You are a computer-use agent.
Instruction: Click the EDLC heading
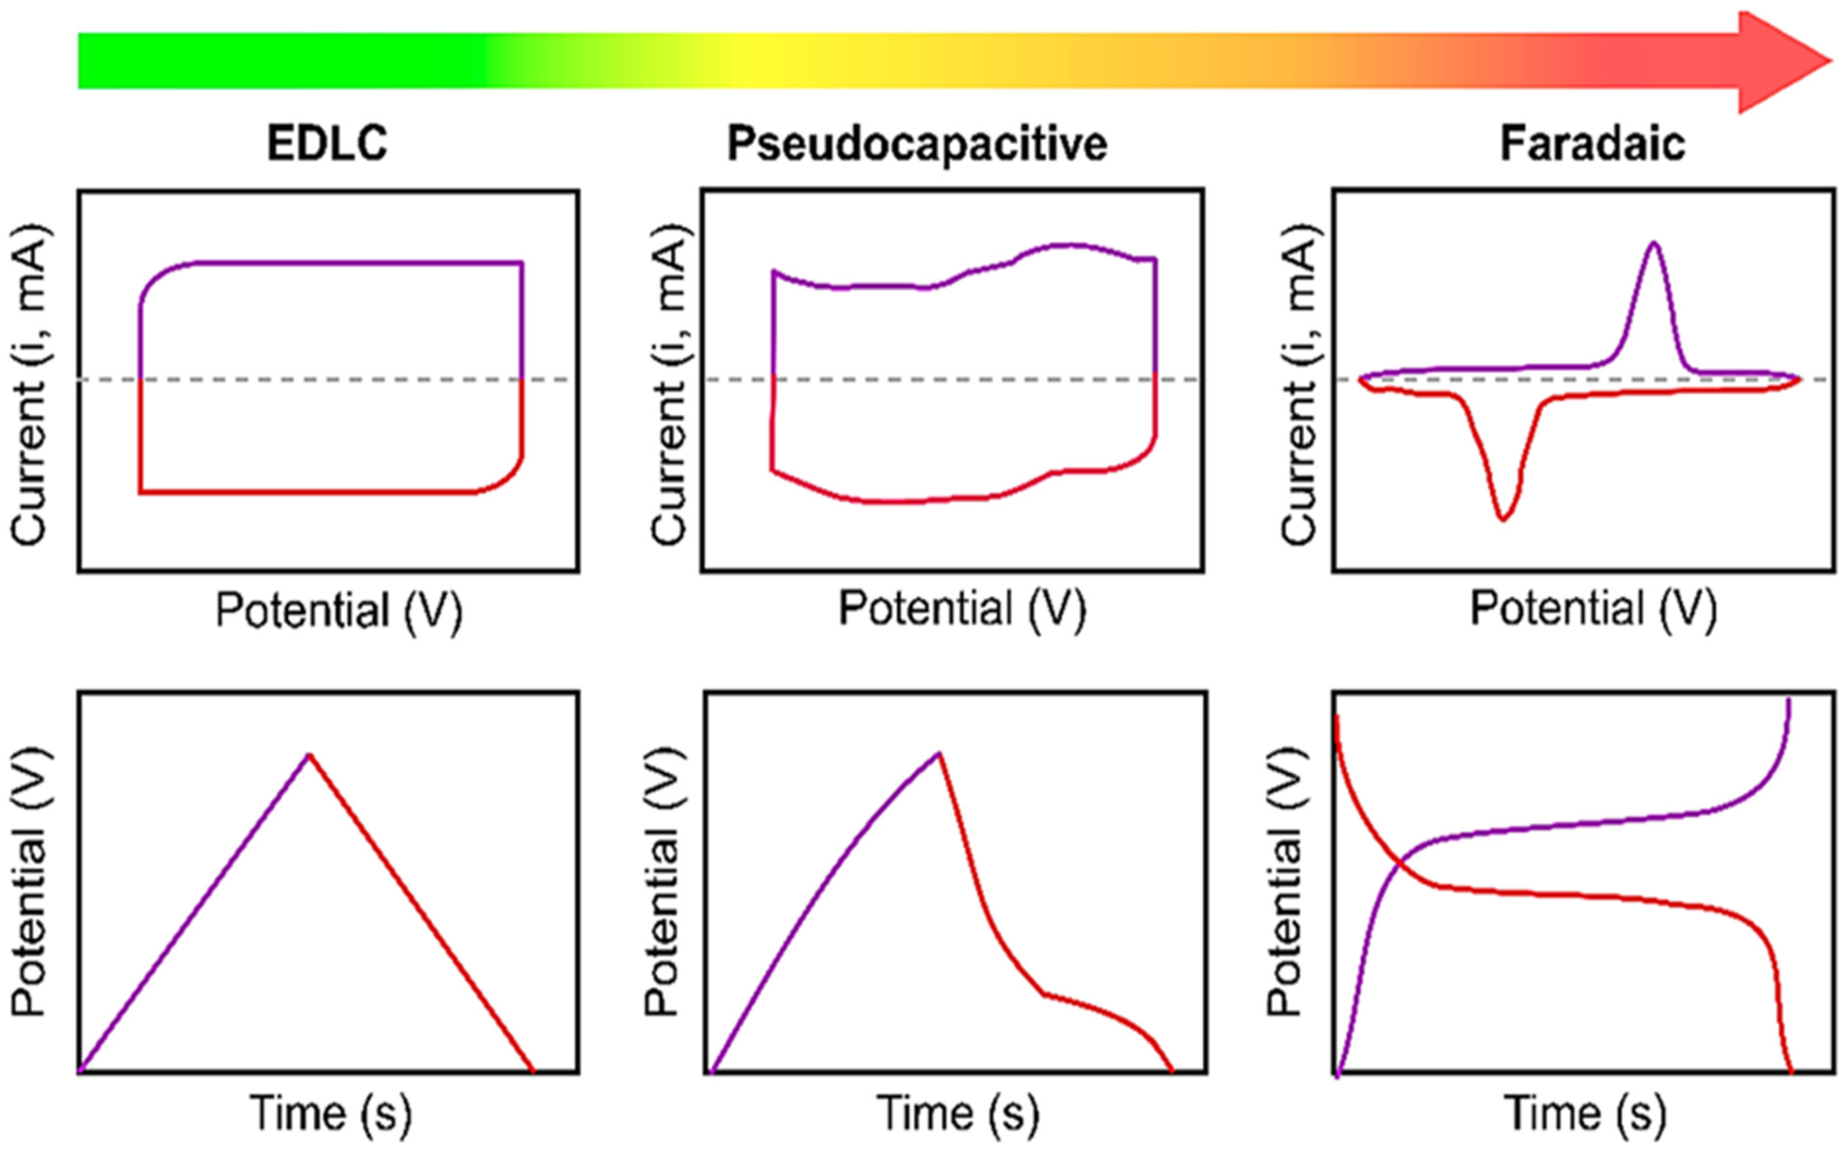click(x=327, y=142)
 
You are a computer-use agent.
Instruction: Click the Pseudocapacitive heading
click(x=917, y=142)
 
